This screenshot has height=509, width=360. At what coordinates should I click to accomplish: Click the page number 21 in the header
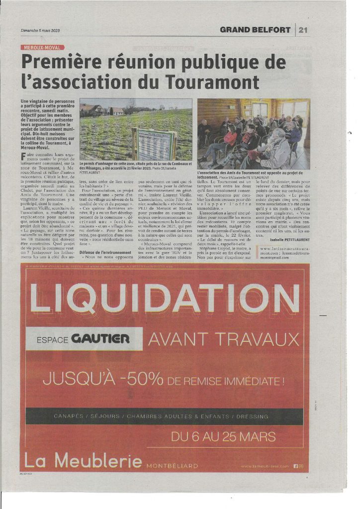point(303,30)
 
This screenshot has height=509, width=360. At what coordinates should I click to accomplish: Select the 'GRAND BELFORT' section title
point(255,30)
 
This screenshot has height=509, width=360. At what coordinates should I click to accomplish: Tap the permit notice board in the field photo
point(154,144)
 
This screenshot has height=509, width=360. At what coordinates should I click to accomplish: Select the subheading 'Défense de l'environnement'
point(102,253)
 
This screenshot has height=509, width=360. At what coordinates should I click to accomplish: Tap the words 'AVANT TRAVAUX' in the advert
point(224,339)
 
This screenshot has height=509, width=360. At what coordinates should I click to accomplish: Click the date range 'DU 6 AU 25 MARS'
point(223,437)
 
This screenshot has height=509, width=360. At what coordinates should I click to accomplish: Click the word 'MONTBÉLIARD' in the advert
point(172,466)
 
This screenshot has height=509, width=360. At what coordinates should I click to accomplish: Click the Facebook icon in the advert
point(295,466)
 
